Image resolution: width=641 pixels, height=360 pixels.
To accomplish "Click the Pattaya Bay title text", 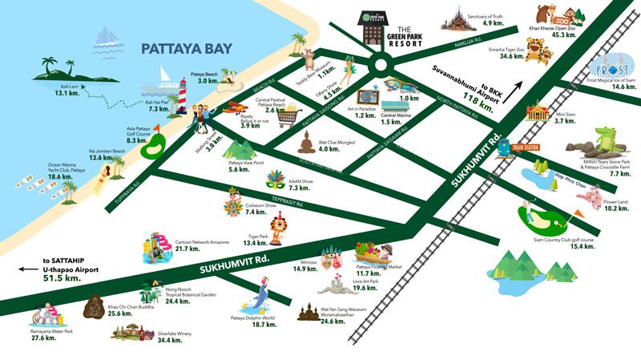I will click(186, 49).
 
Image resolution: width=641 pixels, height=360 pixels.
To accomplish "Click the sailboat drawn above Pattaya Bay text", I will click(107, 37).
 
